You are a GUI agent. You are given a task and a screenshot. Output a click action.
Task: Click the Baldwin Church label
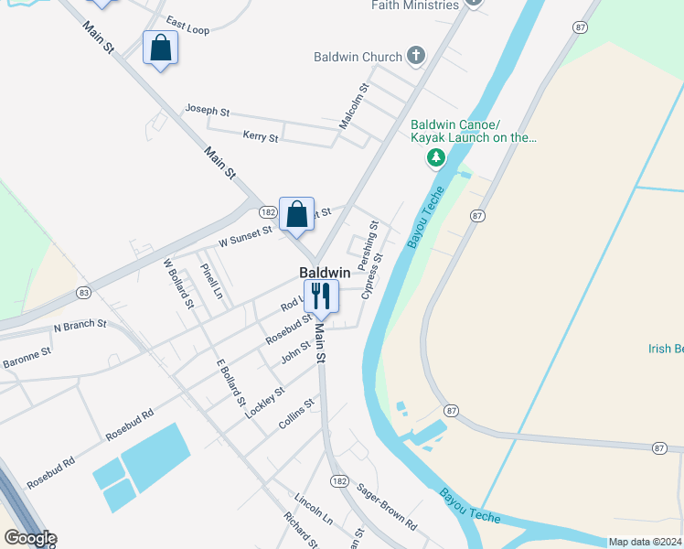pyautogui.click(x=358, y=57)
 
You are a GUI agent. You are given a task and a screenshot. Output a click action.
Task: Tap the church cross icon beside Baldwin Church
pyautogui.click(x=416, y=57)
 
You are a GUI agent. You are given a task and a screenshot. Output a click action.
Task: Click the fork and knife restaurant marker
pyautogui.click(x=320, y=296)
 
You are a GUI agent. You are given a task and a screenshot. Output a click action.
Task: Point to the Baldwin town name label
pyautogui.click(x=325, y=273)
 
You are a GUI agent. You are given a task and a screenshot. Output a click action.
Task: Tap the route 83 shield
pyautogui.click(x=84, y=293)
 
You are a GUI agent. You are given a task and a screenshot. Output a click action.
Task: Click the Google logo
pyautogui.click(x=29, y=538)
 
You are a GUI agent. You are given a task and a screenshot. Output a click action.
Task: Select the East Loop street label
pyautogui.click(x=187, y=25)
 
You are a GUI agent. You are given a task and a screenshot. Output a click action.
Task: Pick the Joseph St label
pyautogui.click(x=207, y=109)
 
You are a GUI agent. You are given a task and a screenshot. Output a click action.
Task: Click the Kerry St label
pyautogui.click(x=261, y=136)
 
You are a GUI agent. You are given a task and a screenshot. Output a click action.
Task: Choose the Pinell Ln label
pyautogui.click(x=211, y=280)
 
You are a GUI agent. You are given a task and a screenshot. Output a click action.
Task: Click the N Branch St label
pyautogui.click(x=80, y=325)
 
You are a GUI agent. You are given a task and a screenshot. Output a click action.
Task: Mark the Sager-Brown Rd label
pyautogui.click(x=387, y=506)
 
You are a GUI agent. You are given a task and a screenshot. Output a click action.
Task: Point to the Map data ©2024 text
pyautogui.click(x=645, y=542)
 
